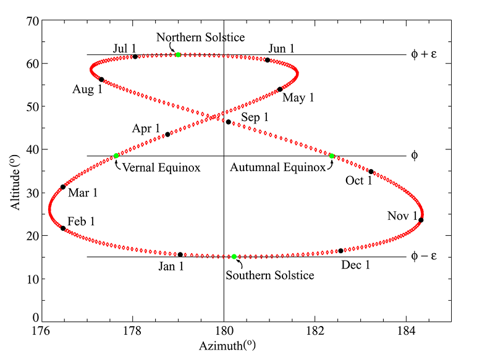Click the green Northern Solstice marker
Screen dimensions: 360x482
tap(178, 55)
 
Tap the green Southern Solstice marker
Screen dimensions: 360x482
tap(234, 256)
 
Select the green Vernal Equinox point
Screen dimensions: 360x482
tap(116, 156)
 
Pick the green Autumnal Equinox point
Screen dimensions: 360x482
tap(332, 156)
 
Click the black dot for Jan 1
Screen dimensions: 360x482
tap(180, 254)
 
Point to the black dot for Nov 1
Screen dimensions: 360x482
tap(421, 220)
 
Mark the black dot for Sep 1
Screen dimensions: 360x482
tap(228, 122)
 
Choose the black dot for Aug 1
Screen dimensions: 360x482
tap(101, 79)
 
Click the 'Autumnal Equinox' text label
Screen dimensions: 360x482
tap(277, 167)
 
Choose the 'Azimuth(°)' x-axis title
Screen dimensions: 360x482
tap(224, 346)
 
